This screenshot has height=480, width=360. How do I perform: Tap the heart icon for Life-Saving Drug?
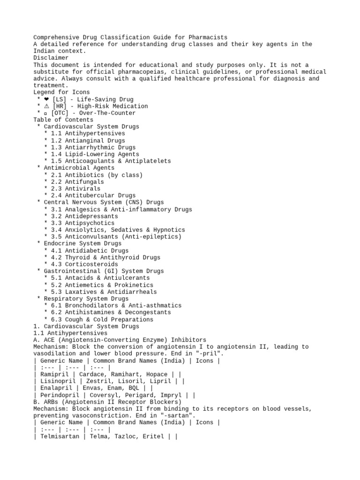[x=46, y=99]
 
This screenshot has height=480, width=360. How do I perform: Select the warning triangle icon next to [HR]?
[x=46, y=106]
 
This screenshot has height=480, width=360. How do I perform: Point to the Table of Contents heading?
[x=63, y=120]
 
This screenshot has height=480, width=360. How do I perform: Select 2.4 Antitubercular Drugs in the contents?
[x=93, y=195]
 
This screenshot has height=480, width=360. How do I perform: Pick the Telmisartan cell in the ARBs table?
[x=60, y=436]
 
